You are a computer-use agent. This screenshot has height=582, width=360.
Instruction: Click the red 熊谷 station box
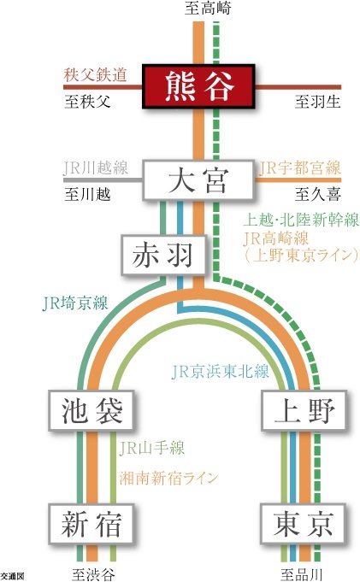click(x=198, y=86)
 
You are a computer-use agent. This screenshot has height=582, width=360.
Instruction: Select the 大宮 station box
click(x=198, y=180)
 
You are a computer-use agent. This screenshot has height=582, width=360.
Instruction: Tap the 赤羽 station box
click(x=163, y=255)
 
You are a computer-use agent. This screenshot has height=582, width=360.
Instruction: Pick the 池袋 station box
click(x=91, y=410)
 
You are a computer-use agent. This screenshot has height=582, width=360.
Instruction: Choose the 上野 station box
click(x=304, y=410)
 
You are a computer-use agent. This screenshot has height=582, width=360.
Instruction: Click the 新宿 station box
click(x=91, y=524)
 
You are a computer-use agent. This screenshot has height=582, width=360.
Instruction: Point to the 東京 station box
click(x=303, y=524)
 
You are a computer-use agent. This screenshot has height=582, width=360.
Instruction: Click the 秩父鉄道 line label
click(x=95, y=75)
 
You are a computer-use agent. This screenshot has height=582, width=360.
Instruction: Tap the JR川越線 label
click(x=96, y=168)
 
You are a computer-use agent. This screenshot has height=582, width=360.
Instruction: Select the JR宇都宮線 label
click(x=299, y=168)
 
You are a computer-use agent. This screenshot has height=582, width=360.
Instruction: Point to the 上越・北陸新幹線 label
click(x=301, y=220)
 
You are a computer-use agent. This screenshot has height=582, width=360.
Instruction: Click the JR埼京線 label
click(x=75, y=303)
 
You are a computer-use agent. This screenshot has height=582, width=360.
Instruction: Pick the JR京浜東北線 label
click(x=220, y=371)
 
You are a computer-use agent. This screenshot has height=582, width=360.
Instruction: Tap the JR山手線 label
click(x=151, y=448)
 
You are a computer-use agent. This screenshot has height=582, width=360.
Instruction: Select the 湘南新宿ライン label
click(x=168, y=478)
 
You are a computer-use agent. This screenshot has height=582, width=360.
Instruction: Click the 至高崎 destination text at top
click(x=208, y=8)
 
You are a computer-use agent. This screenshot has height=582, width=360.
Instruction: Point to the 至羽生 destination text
click(x=318, y=102)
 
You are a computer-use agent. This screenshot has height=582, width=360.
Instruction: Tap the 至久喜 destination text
click(x=318, y=194)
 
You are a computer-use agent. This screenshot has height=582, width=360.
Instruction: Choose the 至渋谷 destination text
click(x=93, y=575)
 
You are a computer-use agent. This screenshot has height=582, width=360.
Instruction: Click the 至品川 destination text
click(x=301, y=575)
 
